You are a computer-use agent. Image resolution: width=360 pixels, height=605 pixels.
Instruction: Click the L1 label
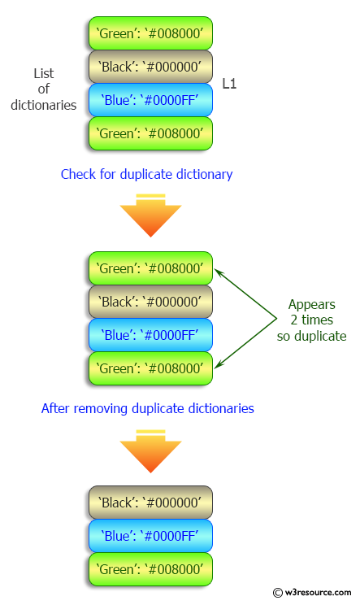click(x=230, y=83)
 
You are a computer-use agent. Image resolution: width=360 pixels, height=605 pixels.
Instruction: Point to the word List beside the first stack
click(x=43, y=74)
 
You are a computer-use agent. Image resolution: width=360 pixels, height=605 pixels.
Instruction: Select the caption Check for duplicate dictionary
click(x=146, y=174)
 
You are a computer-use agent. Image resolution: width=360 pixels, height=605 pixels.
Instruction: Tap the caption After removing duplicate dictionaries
click(x=147, y=408)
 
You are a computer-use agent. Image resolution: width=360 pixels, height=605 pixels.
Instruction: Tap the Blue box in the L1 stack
click(x=150, y=100)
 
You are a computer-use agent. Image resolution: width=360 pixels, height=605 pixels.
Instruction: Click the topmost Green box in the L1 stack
click(x=150, y=33)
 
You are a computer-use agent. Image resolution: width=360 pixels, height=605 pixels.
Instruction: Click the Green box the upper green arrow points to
click(x=150, y=268)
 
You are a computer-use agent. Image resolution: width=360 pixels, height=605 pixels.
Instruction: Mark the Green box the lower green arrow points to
click(x=150, y=368)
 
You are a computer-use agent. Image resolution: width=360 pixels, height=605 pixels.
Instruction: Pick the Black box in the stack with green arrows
click(x=150, y=301)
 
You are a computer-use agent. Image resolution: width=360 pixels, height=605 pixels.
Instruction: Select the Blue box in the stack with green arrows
click(x=150, y=334)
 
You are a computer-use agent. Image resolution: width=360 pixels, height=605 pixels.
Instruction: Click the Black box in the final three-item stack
click(x=150, y=503)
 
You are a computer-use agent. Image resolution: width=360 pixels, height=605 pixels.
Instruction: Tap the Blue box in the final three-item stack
click(x=150, y=536)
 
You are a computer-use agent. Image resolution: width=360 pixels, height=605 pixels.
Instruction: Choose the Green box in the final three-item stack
click(x=150, y=568)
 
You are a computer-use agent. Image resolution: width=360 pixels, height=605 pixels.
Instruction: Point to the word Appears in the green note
click(x=310, y=305)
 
